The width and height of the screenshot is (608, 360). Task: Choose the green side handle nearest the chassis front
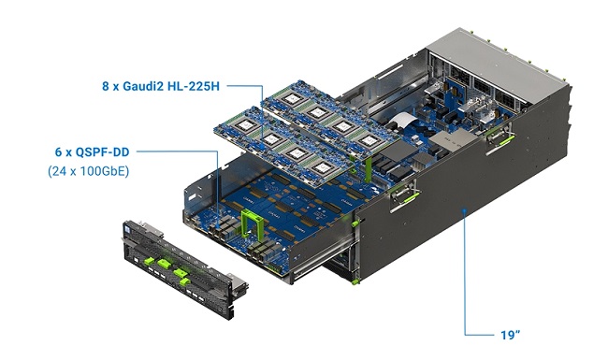click(x=402, y=194)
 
